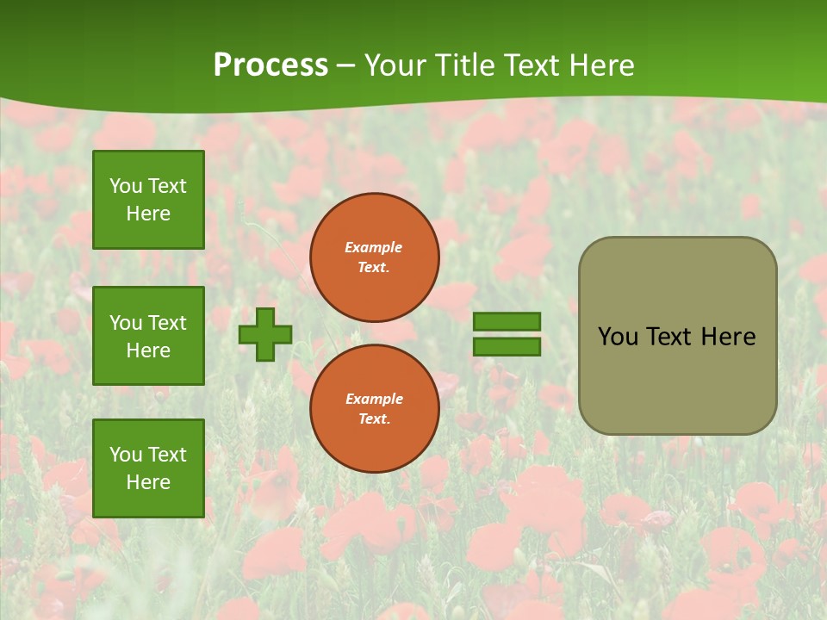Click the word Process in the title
click(270, 65)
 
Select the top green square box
click(148, 200)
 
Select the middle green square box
click(148, 336)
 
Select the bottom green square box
click(148, 468)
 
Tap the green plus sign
click(265, 334)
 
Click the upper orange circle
click(374, 257)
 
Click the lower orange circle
click(374, 409)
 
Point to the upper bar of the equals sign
click(507, 322)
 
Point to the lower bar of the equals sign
click(507, 346)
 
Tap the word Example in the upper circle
click(374, 247)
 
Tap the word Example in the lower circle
click(374, 399)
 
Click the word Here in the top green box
click(148, 214)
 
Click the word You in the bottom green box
click(126, 455)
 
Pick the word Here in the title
click(600, 65)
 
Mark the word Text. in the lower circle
click(374, 419)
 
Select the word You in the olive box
click(617, 337)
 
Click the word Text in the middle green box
click(168, 323)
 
